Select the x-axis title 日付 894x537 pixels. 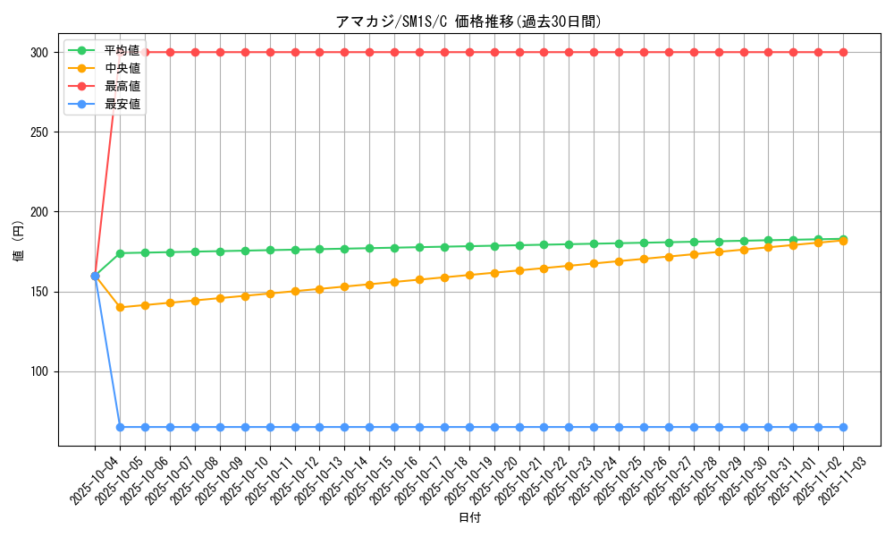pos(469,518)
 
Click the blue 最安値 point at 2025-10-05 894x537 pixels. pos(120,427)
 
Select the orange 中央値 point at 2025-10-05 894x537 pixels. pos(120,307)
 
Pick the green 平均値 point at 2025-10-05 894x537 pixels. pos(120,253)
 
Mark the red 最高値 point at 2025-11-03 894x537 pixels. pos(843,52)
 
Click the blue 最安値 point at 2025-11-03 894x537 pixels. pos(843,427)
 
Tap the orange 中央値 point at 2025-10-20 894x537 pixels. pos(494,272)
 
